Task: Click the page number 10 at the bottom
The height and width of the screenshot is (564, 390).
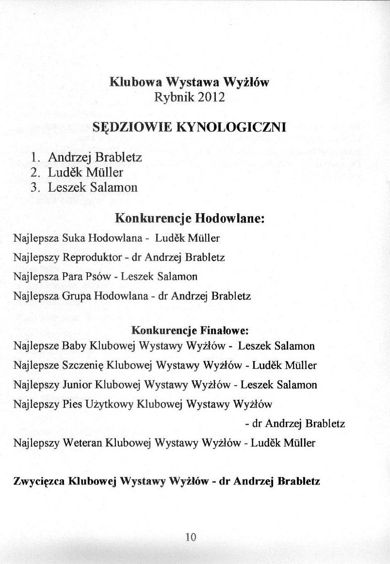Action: [x=190, y=537]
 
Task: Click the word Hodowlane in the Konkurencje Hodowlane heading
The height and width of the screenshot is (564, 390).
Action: [x=229, y=218]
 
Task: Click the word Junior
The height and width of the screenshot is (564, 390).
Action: [x=78, y=385]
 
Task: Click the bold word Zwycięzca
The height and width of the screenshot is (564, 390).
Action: [x=40, y=482]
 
